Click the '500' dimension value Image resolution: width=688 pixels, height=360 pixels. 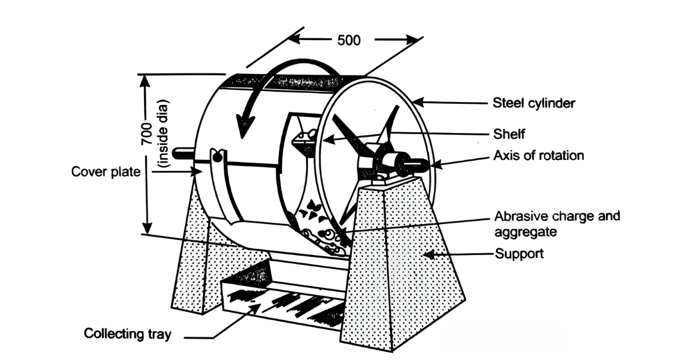tap(349, 40)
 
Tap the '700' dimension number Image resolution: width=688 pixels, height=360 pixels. tap(147, 134)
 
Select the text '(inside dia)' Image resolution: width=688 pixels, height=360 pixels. tap(162, 134)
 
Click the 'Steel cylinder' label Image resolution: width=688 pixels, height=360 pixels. tap(534, 103)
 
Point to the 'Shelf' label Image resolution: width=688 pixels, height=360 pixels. tap(509, 134)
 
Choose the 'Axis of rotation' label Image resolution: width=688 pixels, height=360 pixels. tap(538, 156)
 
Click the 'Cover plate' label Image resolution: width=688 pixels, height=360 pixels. tap(105, 172)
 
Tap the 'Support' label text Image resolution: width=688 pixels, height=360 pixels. tap(519, 254)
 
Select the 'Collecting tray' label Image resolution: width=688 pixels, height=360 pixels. tap(127, 334)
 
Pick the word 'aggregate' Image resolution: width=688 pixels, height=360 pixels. tap(526, 232)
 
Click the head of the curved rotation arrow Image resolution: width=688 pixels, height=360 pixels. tap(244, 127)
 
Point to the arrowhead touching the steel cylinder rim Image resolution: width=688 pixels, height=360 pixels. tap(419, 102)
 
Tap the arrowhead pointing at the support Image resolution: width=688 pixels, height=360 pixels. tap(429, 255)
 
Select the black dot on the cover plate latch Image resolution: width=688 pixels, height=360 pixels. tap(217, 158)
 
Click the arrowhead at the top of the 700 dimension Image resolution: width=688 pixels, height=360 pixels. tap(145, 81)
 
